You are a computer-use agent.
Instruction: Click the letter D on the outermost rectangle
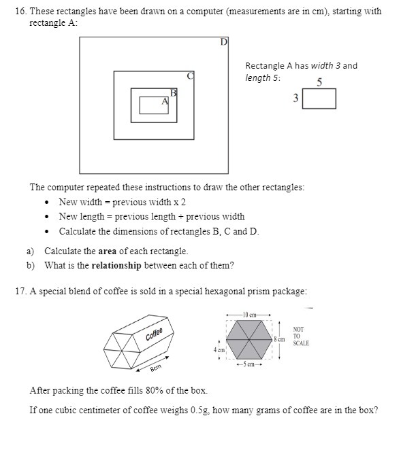[223, 42]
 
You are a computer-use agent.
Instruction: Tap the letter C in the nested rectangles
[191, 75]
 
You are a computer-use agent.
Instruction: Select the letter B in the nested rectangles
[174, 92]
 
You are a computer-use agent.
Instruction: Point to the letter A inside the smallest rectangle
[164, 101]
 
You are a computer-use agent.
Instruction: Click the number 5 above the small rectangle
[319, 83]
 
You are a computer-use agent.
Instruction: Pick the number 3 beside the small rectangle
[295, 99]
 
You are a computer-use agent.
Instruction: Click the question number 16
[19, 12]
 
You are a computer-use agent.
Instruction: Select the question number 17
[20, 291]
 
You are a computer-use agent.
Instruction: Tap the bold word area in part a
[108, 251]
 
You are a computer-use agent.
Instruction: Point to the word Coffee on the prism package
[155, 334]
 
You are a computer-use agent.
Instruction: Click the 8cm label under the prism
[155, 367]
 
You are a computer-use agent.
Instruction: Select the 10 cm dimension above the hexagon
[248, 313]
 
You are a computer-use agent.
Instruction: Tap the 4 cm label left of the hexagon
[218, 349]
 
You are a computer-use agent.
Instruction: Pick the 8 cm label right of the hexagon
[279, 338]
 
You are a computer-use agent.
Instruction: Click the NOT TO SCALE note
[300, 336]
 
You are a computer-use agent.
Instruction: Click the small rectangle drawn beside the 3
[319, 99]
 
